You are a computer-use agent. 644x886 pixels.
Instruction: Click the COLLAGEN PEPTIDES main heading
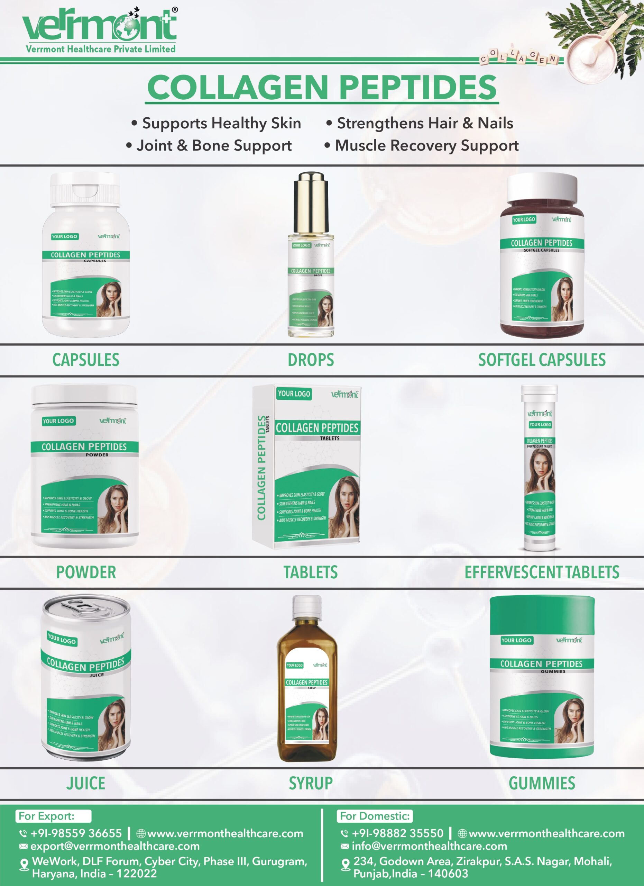[322, 87]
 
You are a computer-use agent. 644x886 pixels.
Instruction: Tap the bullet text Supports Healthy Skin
[221, 124]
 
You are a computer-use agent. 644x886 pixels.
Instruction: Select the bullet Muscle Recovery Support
[426, 146]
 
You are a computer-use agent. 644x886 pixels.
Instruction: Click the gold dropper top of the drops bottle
[311, 195]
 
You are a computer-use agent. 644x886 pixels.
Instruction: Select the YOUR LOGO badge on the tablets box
[294, 394]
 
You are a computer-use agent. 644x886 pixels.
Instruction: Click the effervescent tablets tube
[540, 469]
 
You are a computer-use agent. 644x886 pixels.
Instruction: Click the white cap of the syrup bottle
[307, 605]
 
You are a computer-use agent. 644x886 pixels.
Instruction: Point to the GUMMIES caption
[542, 783]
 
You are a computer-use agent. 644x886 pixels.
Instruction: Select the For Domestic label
[375, 816]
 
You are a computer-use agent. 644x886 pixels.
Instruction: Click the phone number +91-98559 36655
[76, 834]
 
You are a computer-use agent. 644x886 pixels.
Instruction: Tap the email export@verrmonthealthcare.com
[115, 846]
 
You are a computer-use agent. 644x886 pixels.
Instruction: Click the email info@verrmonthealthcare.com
[429, 846]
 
